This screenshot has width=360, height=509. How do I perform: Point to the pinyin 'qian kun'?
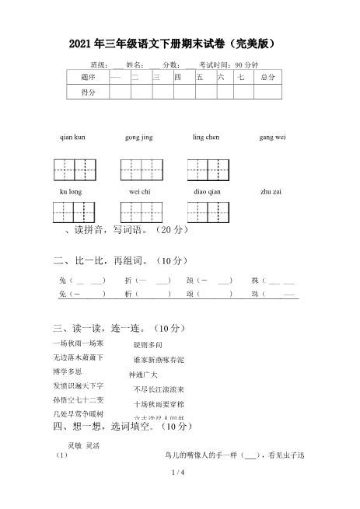72,137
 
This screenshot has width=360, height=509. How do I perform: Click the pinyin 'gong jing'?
138,137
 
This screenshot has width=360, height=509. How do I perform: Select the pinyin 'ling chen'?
205,137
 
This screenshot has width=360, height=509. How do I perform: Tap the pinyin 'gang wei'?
272,137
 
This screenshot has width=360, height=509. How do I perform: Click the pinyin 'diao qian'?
207,190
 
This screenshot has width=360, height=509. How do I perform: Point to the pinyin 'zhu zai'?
271,190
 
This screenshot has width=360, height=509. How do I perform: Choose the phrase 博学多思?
68,371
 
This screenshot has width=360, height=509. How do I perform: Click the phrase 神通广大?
143,374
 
